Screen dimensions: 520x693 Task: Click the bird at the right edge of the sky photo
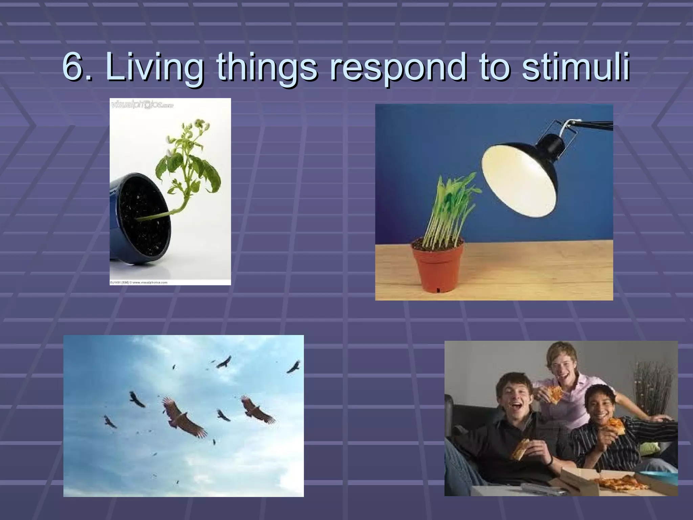pos(293,367)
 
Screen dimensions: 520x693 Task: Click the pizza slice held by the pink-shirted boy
pos(555,394)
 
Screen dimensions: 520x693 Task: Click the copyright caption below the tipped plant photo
pos(139,282)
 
